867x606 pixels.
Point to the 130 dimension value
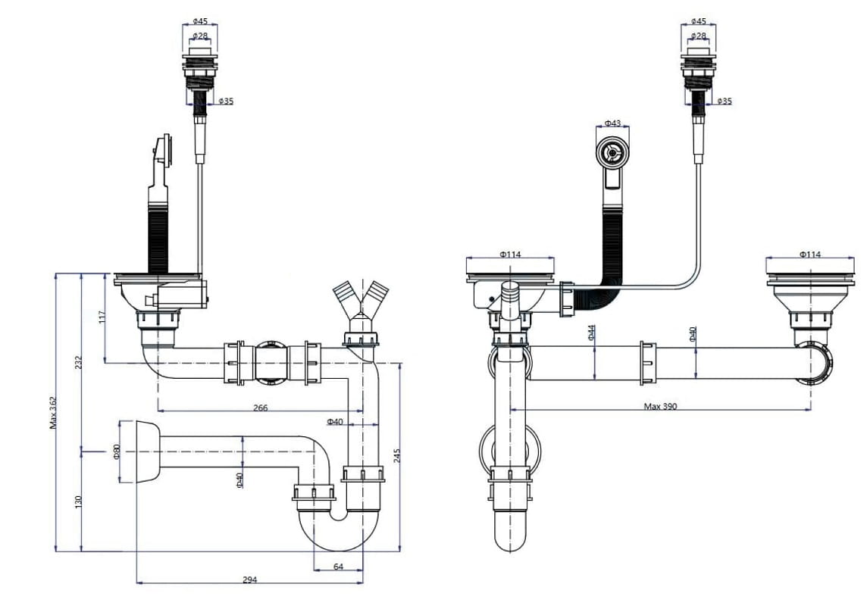point(78,501)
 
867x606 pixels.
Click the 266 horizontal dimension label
point(260,408)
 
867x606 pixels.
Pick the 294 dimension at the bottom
point(249,579)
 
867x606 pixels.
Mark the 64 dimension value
point(338,566)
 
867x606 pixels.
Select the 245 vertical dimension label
point(397,456)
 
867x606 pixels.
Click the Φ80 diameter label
point(117,452)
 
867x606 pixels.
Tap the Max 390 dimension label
point(660,406)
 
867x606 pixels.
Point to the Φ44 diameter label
point(591,333)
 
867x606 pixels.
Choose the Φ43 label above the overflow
point(612,123)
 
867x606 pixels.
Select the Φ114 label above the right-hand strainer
point(809,255)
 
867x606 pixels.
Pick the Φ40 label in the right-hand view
point(692,334)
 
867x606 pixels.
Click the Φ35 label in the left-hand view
point(225,101)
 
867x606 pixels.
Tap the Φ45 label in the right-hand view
point(698,21)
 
